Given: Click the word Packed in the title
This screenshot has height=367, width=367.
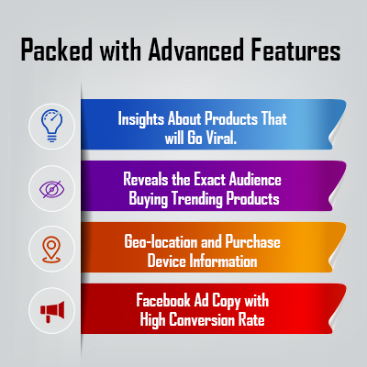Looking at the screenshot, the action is tap(57, 50).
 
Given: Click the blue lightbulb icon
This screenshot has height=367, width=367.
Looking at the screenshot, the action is tap(51, 126).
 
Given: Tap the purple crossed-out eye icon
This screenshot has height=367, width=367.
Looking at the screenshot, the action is tap(51, 188).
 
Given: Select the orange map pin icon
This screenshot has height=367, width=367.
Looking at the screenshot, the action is tap(51, 250).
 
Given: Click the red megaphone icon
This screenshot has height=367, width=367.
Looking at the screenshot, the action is tap(52, 311).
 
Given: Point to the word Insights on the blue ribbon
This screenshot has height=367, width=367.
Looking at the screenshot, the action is tap(140, 118).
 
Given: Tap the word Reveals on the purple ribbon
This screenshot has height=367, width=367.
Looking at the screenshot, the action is tap(146, 179).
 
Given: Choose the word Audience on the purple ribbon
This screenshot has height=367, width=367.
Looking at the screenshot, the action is tap(255, 179).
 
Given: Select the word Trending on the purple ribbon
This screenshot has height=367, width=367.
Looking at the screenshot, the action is tap(197, 199).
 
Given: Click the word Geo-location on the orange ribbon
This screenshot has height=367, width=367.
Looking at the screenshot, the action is tap(161, 241).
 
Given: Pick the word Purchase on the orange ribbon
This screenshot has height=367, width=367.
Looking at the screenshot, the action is tap(252, 241).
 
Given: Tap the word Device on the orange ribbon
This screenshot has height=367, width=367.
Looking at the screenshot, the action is tap(167, 261).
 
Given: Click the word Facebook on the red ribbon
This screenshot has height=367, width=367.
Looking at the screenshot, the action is tap(163, 300).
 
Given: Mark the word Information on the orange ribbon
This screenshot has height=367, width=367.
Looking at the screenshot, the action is tap(223, 261).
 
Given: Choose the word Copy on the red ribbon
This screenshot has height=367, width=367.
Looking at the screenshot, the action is tap(226, 301).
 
